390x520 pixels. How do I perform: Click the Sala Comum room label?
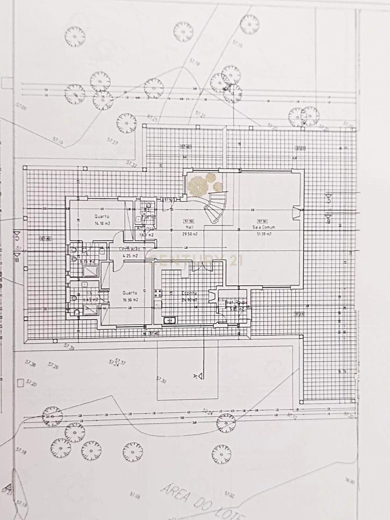(x=263, y=227)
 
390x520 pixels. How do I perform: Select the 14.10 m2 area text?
(x=102, y=223)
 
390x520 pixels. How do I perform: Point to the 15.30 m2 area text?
(x=130, y=300)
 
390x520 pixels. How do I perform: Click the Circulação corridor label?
(x=129, y=249)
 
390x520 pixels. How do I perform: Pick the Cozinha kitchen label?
(x=189, y=293)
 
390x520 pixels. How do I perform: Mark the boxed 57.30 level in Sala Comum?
(x=262, y=221)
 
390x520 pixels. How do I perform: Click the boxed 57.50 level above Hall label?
(x=188, y=221)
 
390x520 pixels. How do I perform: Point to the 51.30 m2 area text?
(x=264, y=234)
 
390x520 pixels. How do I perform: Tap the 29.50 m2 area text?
(x=190, y=234)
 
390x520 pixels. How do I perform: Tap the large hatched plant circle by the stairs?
(x=198, y=185)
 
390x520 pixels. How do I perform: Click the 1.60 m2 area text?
(x=147, y=235)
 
